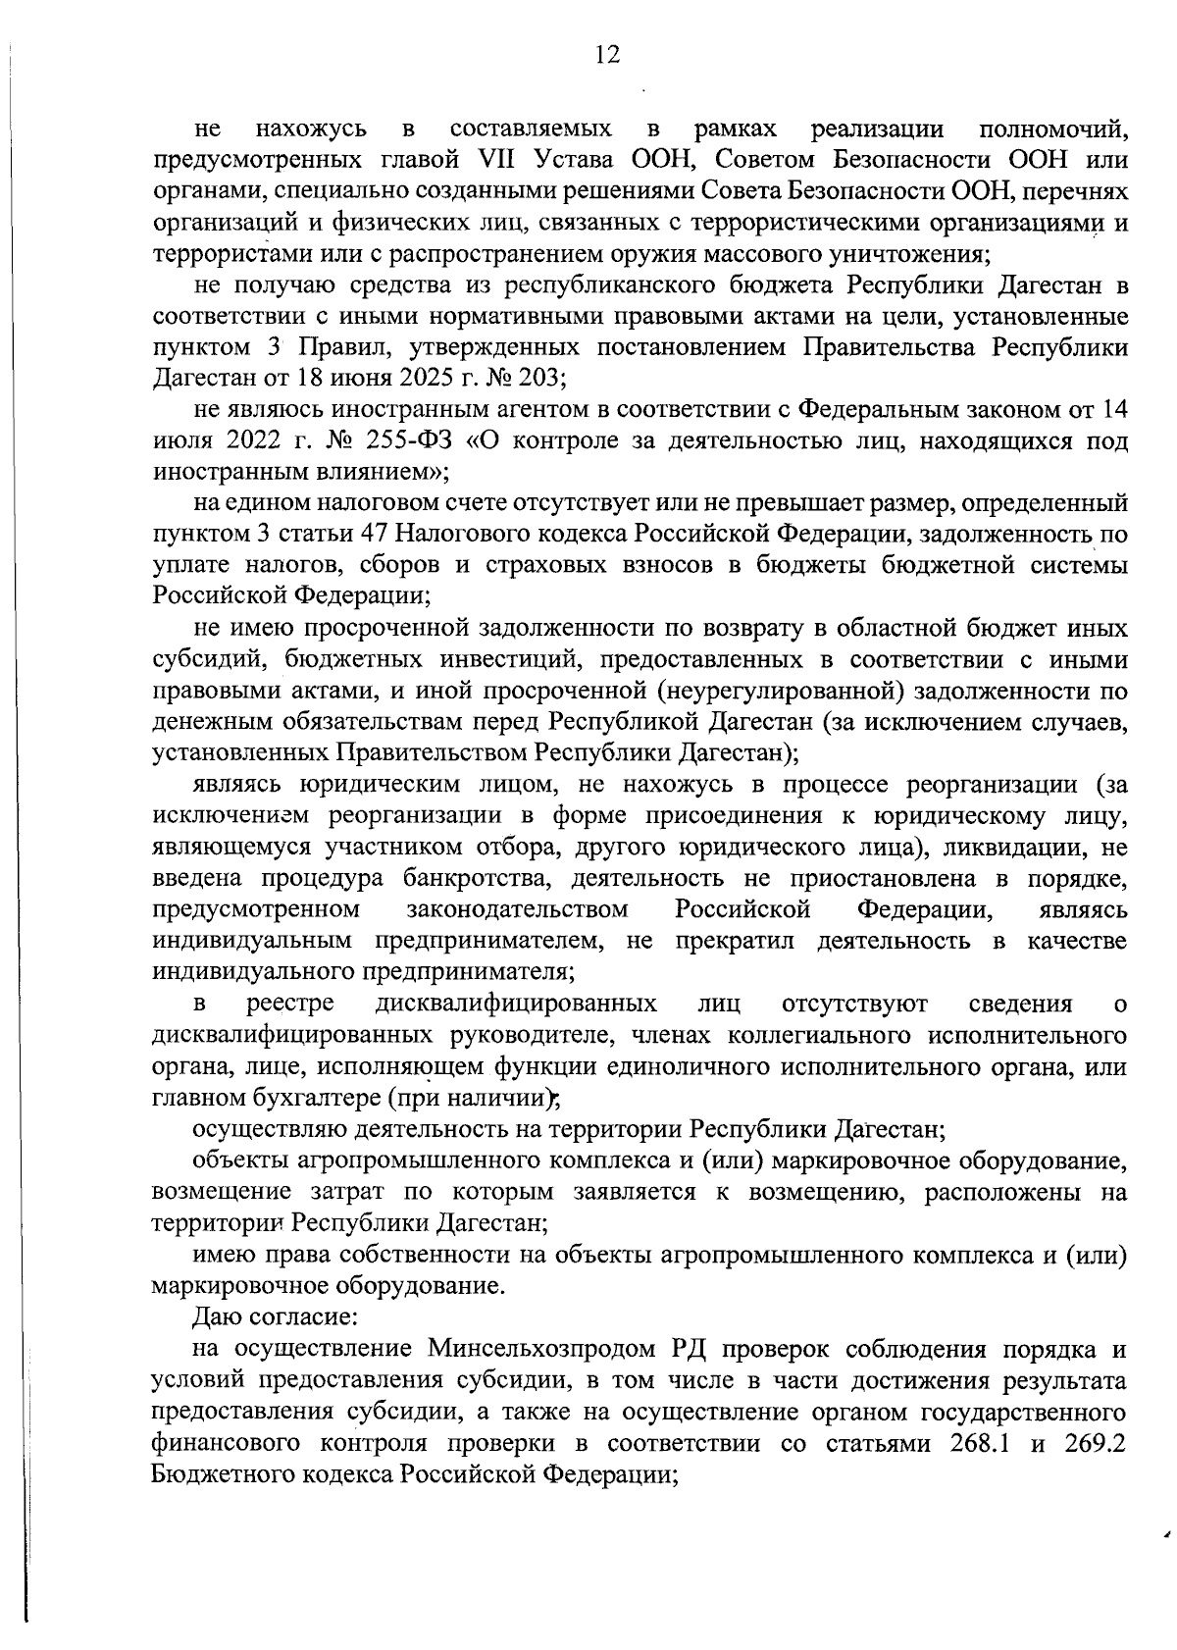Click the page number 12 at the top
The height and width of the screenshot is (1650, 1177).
coord(607,55)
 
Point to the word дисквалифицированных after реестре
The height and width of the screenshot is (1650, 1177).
coord(516,1005)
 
